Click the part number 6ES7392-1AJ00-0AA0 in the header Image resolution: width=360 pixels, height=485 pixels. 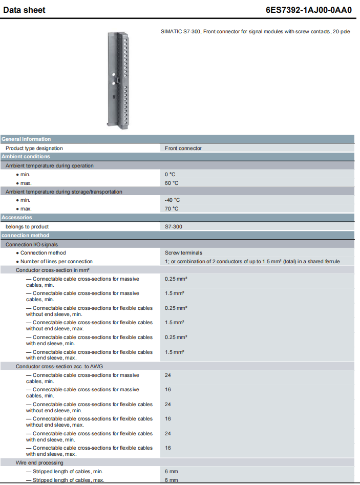point(309,10)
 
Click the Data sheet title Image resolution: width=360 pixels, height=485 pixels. point(24,10)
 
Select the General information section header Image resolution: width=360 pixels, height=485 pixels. point(26,139)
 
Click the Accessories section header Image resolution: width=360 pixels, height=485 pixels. point(16,218)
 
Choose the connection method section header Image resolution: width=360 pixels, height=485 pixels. point(25,236)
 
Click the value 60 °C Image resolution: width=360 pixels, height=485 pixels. point(172,183)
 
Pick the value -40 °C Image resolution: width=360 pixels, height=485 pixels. point(173,200)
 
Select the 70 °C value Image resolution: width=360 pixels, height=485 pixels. point(172,208)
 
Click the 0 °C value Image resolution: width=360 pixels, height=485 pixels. point(170,174)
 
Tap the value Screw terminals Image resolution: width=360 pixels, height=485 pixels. point(183,252)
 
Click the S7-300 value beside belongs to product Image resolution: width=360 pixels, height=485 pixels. point(173,226)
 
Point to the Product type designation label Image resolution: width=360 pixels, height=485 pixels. point(34,148)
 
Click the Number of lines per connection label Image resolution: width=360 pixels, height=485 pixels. point(56,261)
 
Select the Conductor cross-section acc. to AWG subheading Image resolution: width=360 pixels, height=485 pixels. point(56,366)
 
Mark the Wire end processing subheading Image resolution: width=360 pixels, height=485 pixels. point(39,462)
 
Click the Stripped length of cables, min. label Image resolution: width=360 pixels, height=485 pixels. point(64,471)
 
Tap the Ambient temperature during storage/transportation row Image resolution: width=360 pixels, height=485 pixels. point(64,192)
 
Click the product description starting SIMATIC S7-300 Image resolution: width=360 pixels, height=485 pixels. point(255,32)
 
